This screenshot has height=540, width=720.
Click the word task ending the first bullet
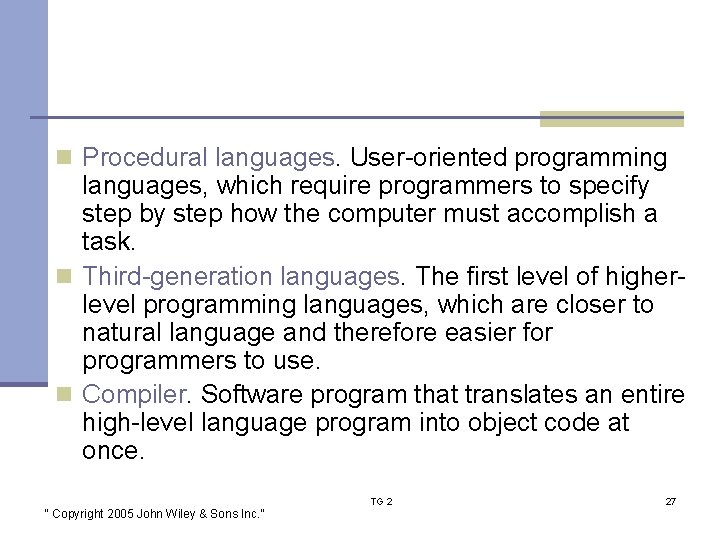point(107,242)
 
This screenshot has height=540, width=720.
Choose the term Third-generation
point(177,275)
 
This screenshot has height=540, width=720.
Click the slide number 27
point(670,501)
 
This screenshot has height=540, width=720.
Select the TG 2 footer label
point(382,501)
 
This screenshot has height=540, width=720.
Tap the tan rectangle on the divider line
point(611,119)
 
